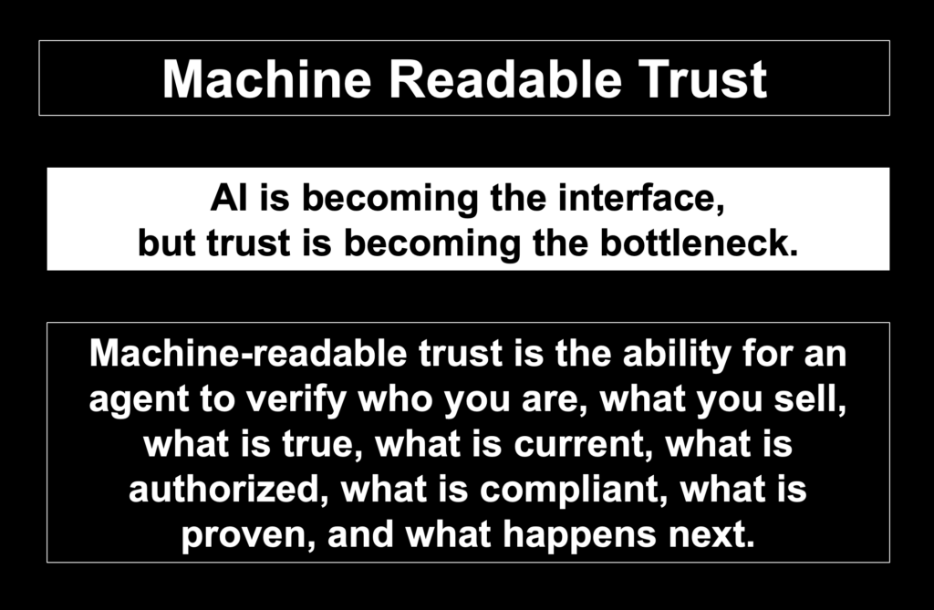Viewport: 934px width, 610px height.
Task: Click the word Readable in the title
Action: [x=505, y=79]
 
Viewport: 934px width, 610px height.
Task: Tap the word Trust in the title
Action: [x=703, y=79]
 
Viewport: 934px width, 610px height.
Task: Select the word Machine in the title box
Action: [x=267, y=79]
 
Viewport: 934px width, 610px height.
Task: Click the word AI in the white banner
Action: [x=229, y=198]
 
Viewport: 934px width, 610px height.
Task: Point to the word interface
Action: [x=641, y=199]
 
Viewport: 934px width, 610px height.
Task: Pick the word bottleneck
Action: [x=699, y=243]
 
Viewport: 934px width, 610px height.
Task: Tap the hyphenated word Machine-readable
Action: [x=248, y=353]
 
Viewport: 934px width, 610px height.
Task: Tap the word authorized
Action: [x=228, y=490]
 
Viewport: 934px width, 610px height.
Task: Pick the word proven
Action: [x=248, y=535]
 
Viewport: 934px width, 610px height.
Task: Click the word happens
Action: [x=579, y=535]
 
